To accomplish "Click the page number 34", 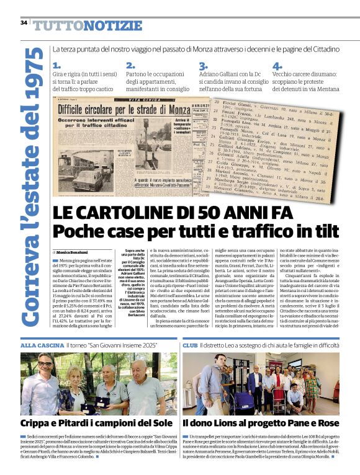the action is [x=24, y=23].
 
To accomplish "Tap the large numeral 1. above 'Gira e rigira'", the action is [x=57, y=65].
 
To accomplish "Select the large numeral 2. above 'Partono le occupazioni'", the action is [x=130, y=65].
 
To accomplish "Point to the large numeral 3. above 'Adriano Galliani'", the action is [x=203, y=65].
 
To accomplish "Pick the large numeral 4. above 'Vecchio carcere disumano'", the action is [x=277, y=65].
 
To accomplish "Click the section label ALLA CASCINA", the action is [x=41, y=344].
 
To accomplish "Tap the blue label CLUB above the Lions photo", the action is [x=190, y=344].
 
